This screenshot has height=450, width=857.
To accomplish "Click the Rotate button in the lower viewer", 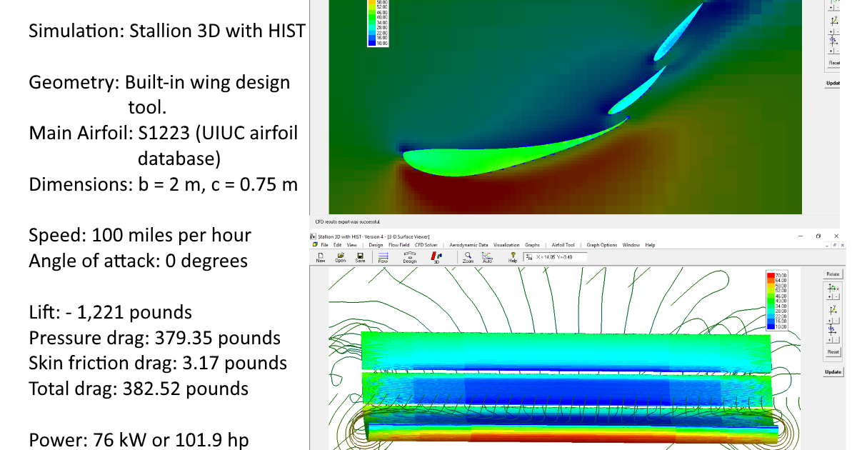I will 833,274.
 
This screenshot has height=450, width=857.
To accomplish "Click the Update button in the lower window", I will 833,372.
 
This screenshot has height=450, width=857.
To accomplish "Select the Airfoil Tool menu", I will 563,245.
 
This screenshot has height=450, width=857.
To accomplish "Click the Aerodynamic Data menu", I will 468,245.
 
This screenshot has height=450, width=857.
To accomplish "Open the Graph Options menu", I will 601,245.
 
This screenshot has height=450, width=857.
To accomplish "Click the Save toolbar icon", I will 360,257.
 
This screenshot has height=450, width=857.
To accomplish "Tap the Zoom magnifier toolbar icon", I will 468,257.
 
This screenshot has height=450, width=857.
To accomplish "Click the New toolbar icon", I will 321,257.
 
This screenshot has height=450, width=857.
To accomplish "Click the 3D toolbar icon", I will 436,257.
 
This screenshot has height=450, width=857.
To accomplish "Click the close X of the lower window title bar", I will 838,236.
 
